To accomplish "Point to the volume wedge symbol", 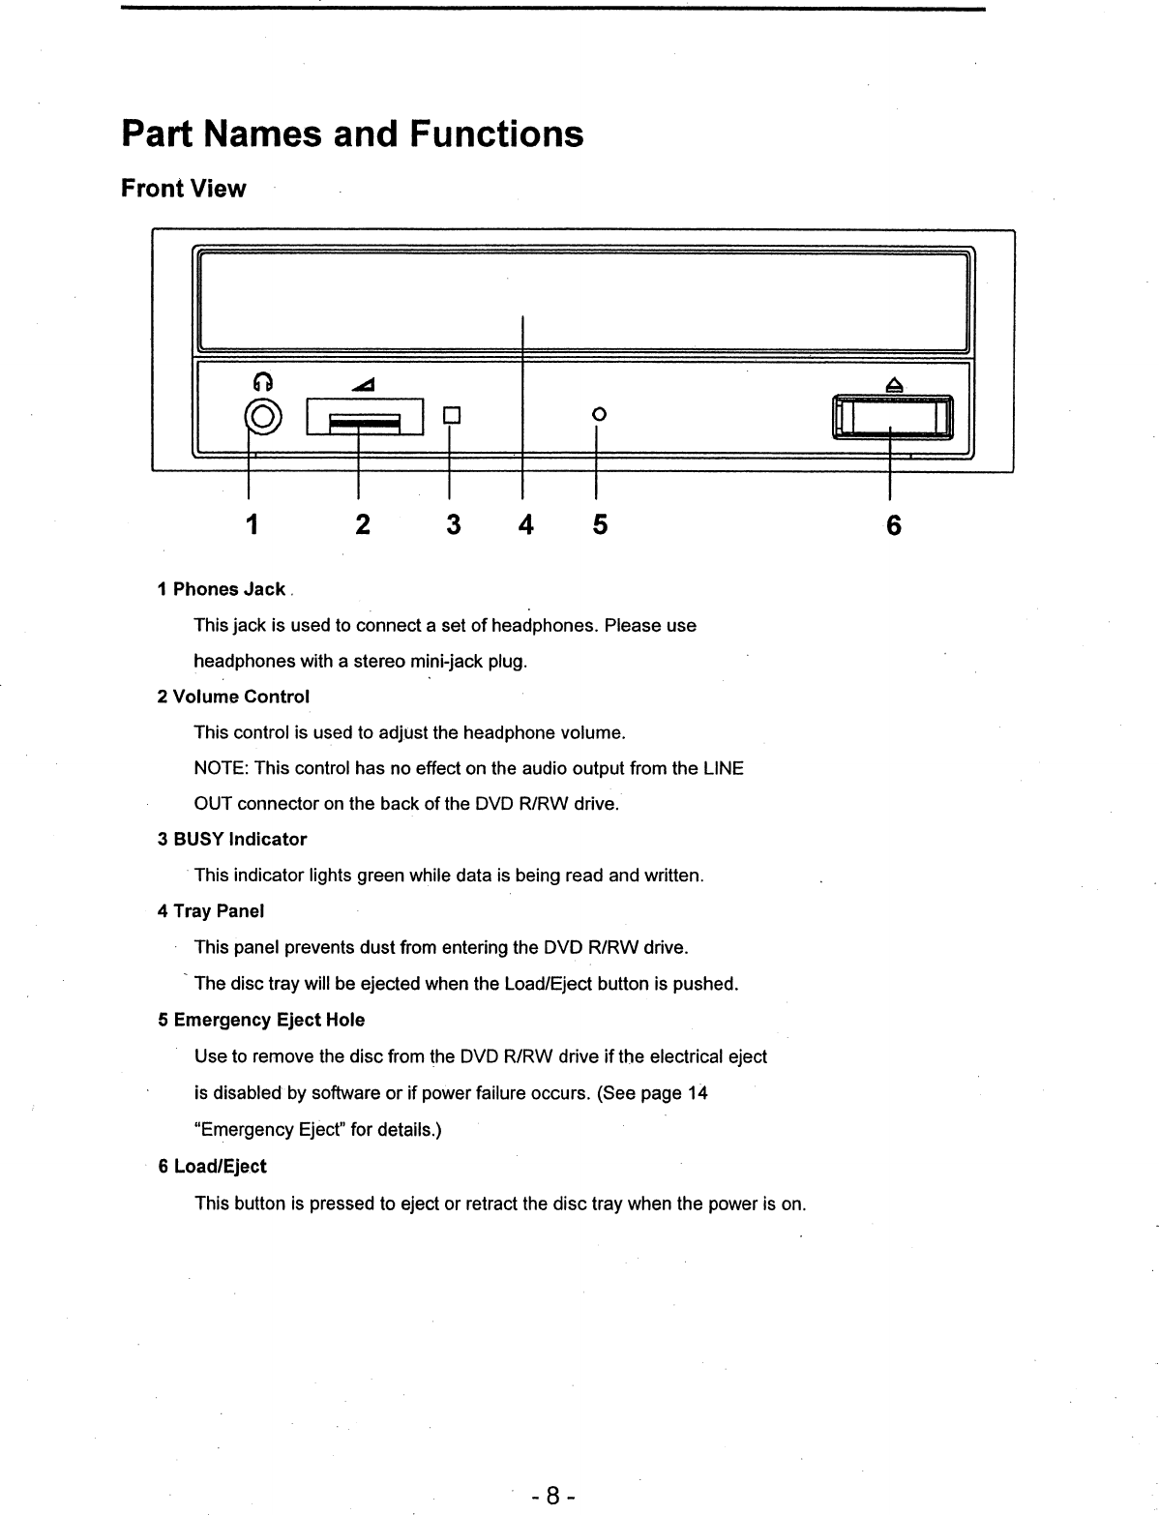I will click(364, 386).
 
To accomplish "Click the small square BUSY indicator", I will click(450, 416).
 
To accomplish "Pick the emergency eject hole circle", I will click(598, 414).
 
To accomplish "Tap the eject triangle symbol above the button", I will click(895, 385).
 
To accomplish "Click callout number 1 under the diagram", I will click(252, 524).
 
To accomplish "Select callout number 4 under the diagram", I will click(525, 524).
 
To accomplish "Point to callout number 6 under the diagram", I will click(893, 524).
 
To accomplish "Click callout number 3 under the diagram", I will click(453, 524).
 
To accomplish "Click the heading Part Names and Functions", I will click(352, 134).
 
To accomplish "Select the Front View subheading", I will click(184, 189).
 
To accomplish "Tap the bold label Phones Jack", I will click(228, 589).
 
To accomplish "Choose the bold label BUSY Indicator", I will click(239, 839).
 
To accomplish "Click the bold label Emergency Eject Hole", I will click(268, 1020).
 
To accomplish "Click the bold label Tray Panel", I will click(218, 910).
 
